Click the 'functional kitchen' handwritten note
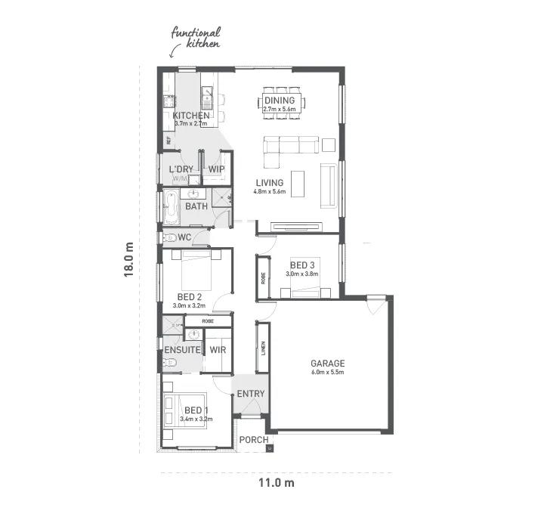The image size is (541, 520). (x=196, y=38)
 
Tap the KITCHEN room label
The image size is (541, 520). (x=190, y=116)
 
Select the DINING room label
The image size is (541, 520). (x=279, y=101)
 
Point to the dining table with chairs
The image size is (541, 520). (x=284, y=101)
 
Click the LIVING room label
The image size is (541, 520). (x=269, y=183)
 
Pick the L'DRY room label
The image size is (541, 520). (x=181, y=169)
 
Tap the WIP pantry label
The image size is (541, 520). (x=217, y=169)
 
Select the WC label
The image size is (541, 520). (x=184, y=237)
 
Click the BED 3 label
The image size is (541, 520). (x=302, y=265)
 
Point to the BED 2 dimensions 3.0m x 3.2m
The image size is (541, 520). (x=188, y=306)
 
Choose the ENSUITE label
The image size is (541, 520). (x=182, y=351)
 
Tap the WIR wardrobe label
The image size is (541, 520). (x=218, y=350)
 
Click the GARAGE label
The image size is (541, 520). (x=326, y=363)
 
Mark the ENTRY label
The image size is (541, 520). (x=251, y=394)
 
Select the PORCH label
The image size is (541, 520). (x=253, y=440)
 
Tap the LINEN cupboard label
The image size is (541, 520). (x=262, y=347)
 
